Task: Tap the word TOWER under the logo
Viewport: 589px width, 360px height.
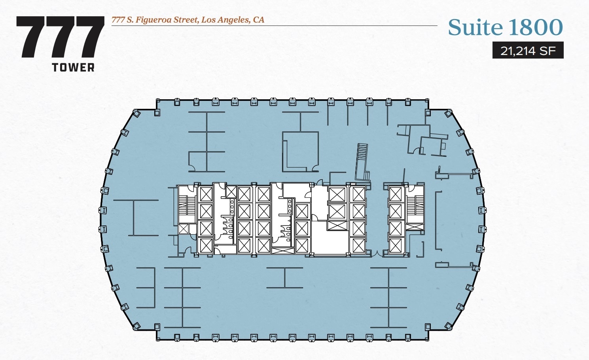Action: pyautogui.click(x=73, y=68)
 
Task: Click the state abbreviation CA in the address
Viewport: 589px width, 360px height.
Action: pyautogui.click(x=258, y=20)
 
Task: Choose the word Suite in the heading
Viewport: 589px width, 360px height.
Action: pyautogui.click(x=475, y=27)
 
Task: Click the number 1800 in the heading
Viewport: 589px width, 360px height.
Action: pyautogui.click(x=535, y=27)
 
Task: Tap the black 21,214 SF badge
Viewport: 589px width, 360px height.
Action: pyautogui.click(x=528, y=51)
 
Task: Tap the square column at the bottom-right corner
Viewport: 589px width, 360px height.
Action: pyautogui.click(x=428, y=327)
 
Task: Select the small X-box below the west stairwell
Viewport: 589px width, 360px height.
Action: pyautogui.click(x=183, y=229)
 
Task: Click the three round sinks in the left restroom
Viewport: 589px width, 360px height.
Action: pyautogui.click(x=233, y=205)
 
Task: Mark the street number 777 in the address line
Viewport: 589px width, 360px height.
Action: pyautogui.click(x=118, y=20)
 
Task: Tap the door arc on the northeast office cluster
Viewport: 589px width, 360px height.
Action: pyautogui.click(x=416, y=150)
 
